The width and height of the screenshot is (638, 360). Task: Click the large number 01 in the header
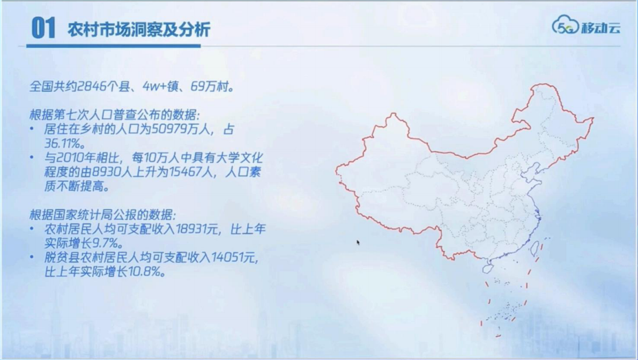click(x=43, y=28)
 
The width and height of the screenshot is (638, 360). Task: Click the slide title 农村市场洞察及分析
click(x=138, y=29)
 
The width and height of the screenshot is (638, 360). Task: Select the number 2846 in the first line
click(x=91, y=86)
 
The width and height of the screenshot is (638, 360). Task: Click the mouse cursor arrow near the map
click(x=358, y=243)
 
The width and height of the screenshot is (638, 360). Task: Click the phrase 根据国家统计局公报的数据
click(x=102, y=215)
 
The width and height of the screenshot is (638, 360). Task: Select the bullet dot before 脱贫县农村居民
click(x=33, y=258)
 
